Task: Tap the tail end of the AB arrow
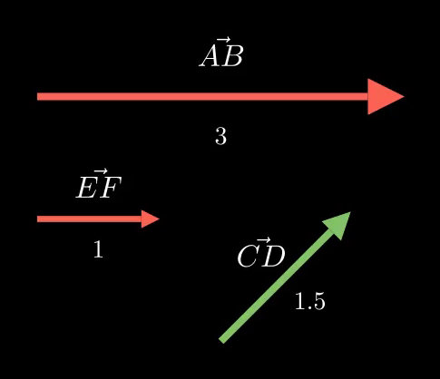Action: [x=37, y=97]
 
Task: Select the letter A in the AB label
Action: [x=210, y=57]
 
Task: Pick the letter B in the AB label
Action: [x=232, y=57]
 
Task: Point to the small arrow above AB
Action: [x=223, y=40]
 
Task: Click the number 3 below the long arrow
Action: [x=220, y=136]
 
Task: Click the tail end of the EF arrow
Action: [x=37, y=219]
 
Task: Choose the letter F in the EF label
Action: [x=110, y=188]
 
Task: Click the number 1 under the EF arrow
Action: [x=98, y=249]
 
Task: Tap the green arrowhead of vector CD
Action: [x=338, y=225]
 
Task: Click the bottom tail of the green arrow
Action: [x=222, y=341]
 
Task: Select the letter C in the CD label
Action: [x=248, y=257]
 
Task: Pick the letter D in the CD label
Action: [x=273, y=257]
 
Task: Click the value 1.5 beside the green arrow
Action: [x=310, y=301]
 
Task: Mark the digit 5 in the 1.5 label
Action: [x=319, y=302]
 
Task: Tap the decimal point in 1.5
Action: [x=309, y=308]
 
